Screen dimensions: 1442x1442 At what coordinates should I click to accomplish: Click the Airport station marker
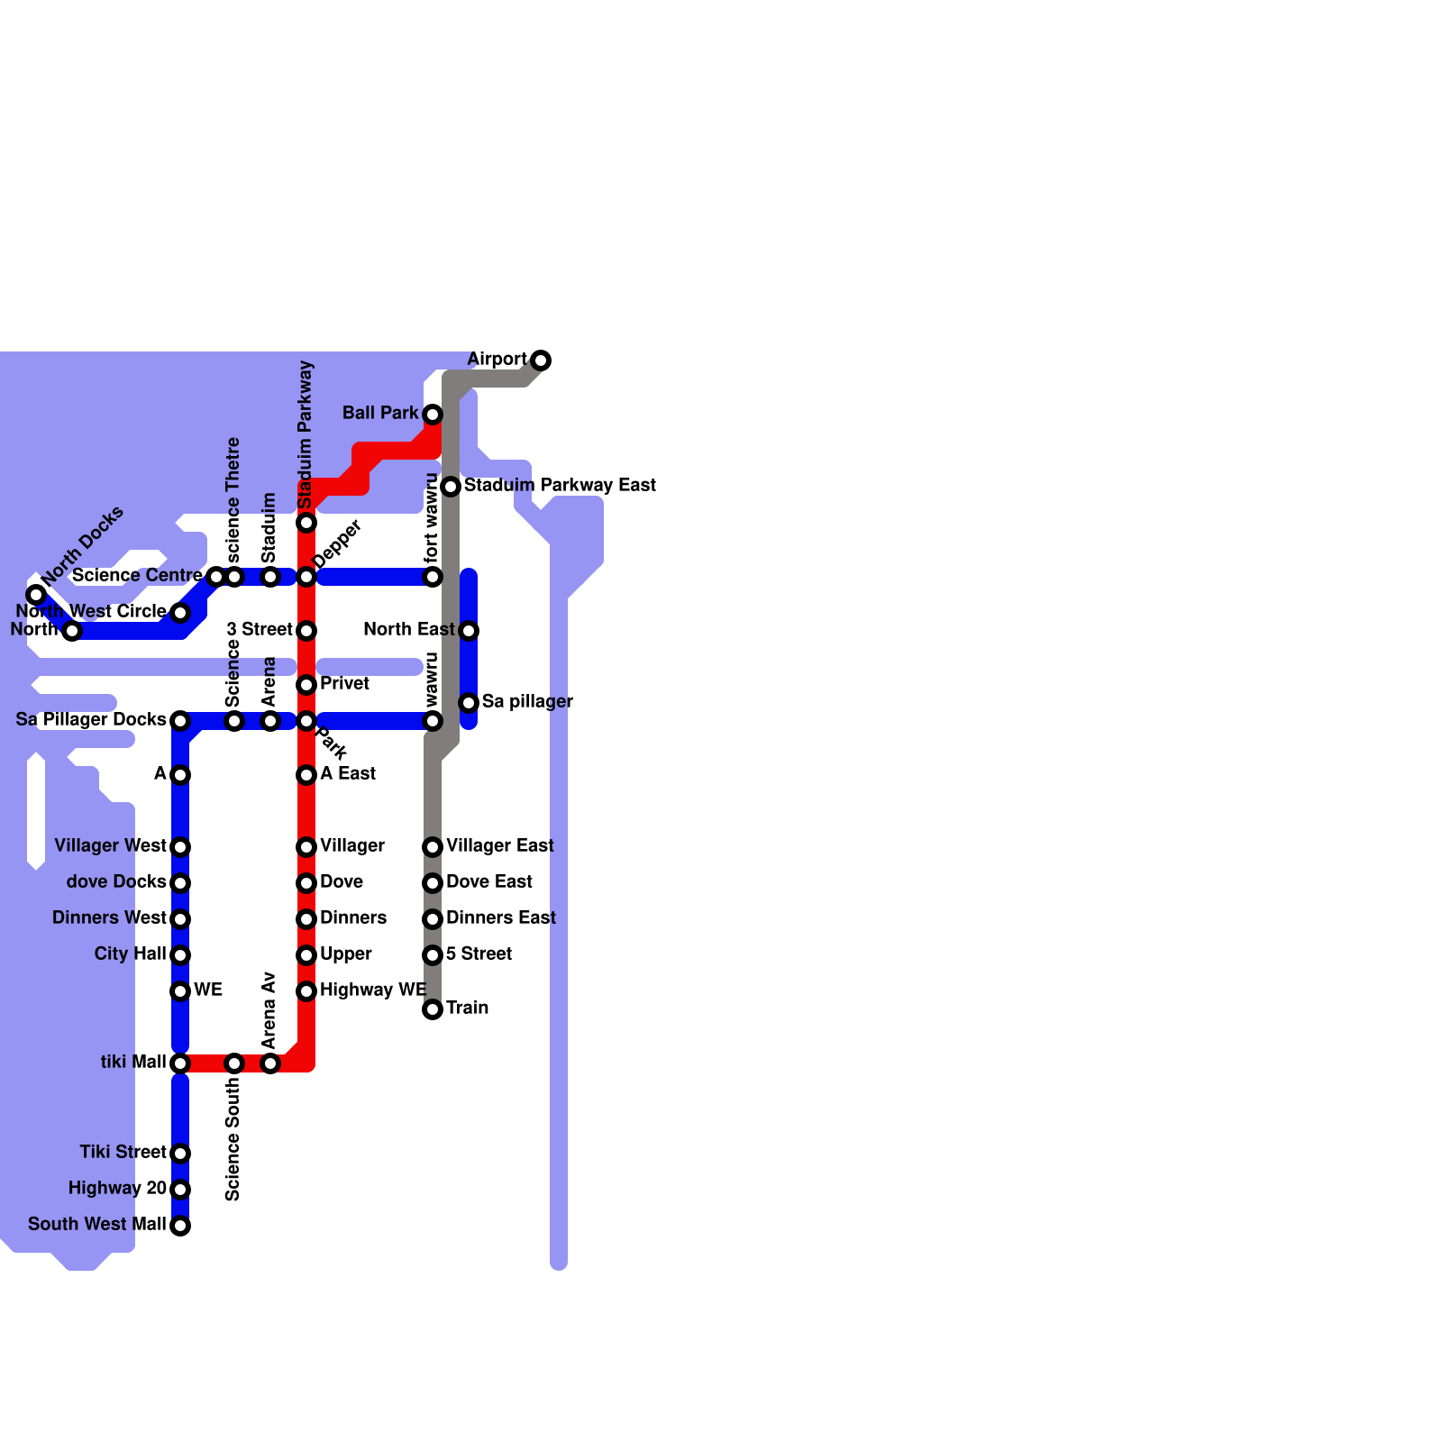[x=541, y=360]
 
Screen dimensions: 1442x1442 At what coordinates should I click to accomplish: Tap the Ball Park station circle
[x=433, y=415]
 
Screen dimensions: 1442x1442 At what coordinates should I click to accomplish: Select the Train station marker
[x=433, y=1009]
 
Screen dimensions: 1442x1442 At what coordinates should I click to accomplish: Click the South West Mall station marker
[x=180, y=1226]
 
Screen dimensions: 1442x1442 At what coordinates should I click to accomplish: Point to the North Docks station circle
[x=36, y=595]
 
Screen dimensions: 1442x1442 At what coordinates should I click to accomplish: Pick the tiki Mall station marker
[x=180, y=1063]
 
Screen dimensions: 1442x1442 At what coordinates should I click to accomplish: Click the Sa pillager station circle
[x=469, y=703]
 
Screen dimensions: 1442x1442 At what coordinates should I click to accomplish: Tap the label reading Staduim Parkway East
[x=560, y=486]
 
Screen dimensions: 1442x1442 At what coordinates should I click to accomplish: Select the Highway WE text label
[x=373, y=990]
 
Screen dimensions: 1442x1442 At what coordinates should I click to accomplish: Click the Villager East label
[x=499, y=846]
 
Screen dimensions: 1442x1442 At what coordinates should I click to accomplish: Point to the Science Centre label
[x=137, y=576]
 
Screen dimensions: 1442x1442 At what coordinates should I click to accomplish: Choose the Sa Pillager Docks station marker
[x=180, y=721]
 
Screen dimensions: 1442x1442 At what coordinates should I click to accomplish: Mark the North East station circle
[x=469, y=631]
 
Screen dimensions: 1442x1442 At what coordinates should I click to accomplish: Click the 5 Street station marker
[x=433, y=955]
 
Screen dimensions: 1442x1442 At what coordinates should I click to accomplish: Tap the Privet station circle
[x=306, y=685]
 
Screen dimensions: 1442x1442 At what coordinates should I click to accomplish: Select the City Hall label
[x=131, y=954]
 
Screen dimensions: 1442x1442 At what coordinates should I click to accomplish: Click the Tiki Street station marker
[x=180, y=1154]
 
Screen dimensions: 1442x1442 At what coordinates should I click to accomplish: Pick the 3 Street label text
[x=260, y=630]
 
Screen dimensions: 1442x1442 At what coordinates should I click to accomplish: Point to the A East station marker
[x=306, y=775]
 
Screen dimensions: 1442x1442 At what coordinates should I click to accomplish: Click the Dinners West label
[x=109, y=918]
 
